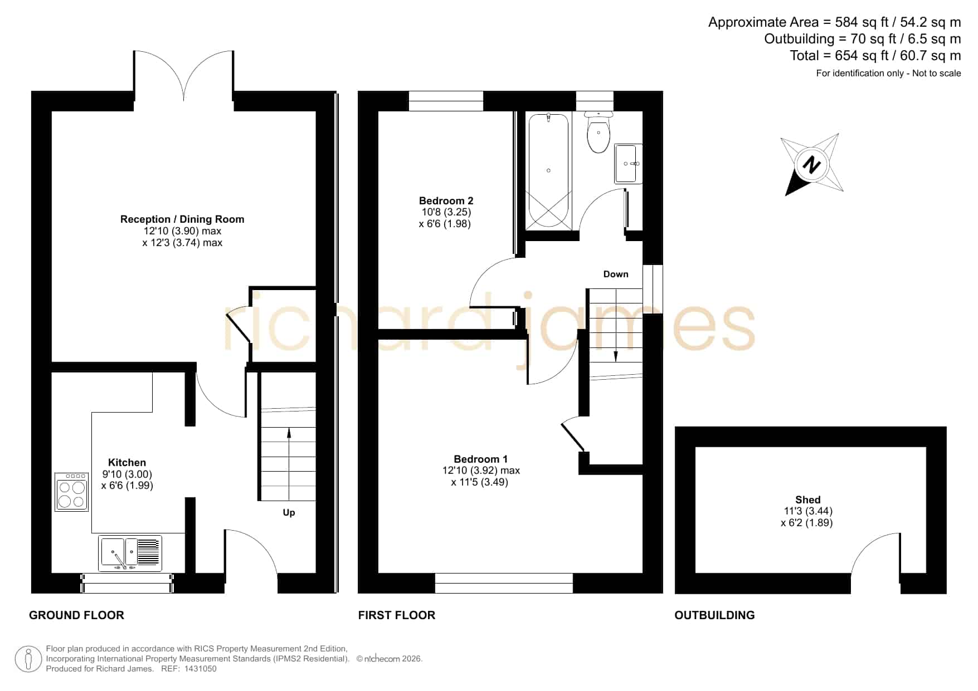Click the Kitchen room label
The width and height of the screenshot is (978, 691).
click(x=127, y=463)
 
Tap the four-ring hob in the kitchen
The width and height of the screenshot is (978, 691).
click(x=72, y=492)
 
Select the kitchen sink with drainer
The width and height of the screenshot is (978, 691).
click(x=130, y=553)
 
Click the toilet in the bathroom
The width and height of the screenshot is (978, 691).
click(x=599, y=132)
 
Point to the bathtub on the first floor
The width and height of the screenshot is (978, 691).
click(x=548, y=171)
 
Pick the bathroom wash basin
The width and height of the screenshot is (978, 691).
click(x=628, y=164)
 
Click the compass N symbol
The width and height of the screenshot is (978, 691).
click(x=812, y=165)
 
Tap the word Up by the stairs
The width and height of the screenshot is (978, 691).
click(x=289, y=513)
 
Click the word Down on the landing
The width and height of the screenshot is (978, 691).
click(x=616, y=274)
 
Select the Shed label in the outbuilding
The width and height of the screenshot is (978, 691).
click(x=807, y=500)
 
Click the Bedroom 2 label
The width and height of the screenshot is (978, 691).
click(x=446, y=201)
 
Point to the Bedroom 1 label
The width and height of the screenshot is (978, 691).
click(x=480, y=459)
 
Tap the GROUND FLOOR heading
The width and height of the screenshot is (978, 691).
click(x=76, y=615)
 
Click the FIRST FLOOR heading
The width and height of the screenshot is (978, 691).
click(x=396, y=615)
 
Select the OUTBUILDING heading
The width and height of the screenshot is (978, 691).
click(x=714, y=615)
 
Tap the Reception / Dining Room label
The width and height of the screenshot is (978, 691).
click(x=182, y=219)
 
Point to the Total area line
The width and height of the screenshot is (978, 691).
click(x=875, y=56)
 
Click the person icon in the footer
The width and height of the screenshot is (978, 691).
click(x=28, y=659)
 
